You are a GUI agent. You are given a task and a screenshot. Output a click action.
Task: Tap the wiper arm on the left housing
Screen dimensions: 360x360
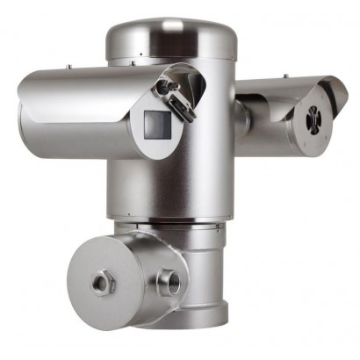pos(177,102)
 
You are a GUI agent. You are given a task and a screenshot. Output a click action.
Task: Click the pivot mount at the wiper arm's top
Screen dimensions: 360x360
pos(163,84)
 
